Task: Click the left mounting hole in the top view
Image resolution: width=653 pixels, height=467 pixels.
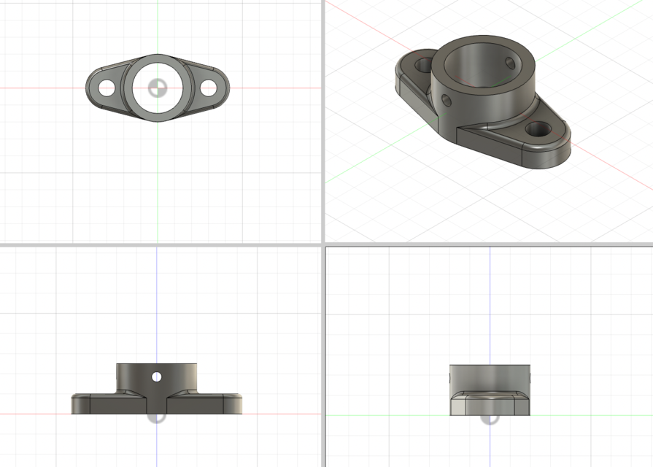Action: pyautogui.click(x=107, y=88)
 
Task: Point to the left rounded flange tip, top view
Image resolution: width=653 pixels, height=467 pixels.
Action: pyautogui.click(x=90, y=88)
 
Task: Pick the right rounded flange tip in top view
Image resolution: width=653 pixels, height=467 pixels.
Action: pyautogui.click(x=226, y=88)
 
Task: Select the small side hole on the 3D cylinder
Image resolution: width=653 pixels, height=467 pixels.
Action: pyautogui.click(x=446, y=101)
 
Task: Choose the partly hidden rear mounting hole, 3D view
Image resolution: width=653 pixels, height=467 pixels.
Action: pyautogui.click(x=423, y=66)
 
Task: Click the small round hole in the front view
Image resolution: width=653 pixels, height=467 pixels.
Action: pyautogui.click(x=156, y=377)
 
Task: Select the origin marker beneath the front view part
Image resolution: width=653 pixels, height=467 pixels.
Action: pyautogui.click(x=157, y=416)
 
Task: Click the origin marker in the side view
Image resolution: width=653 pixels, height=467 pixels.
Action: pyautogui.click(x=490, y=417)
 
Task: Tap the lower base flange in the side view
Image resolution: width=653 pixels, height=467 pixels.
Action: pyautogui.click(x=490, y=405)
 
